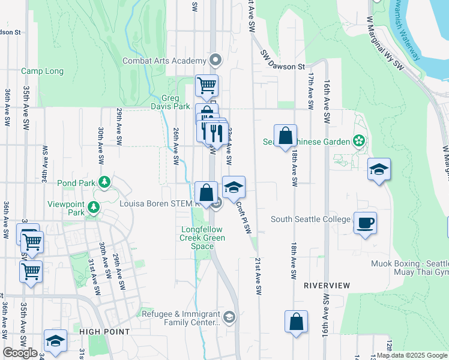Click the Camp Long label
pyautogui.click(x=42, y=71)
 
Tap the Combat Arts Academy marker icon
pyautogui.click(x=215, y=61)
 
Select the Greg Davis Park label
pyautogui.click(x=176, y=103)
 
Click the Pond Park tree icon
pyautogui.click(x=104, y=182)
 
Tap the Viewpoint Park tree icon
pyautogui.click(x=93, y=208)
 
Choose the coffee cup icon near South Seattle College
pyautogui.click(x=365, y=223)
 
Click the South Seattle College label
pyautogui.click(x=310, y=219)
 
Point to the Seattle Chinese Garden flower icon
pyautogui.click(x=359, y=142)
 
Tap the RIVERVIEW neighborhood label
pyautogui.click(x=327, y=285)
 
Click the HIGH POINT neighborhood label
pyautogui.click(x=104, y=331)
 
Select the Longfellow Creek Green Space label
pyautogui.click(x=203, y=238)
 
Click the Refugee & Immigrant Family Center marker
pyautogui.click(x=229, y=317)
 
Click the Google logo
pyautogui.click(x=20, y=353)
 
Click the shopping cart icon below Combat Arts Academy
pyautogui.click(x=206, y=85)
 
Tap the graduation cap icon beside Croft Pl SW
pyautogui.click(x=234, y=187)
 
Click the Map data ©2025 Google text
pyautogui.click(x=412, y=355)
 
